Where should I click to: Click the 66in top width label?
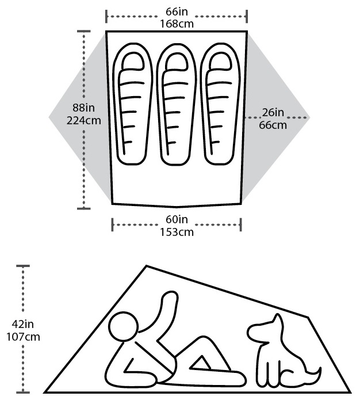[177, 12]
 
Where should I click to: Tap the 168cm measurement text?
[177, 24]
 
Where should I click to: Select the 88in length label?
[83, 108]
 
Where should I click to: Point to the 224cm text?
[84, 120]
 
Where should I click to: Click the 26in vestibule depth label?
[273, 113]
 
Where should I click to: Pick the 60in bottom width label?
[177, 219]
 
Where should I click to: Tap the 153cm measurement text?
[177, 232]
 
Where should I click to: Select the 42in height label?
[22, 324]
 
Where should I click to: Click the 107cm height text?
[23, 337]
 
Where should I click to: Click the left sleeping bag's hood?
[133, 61]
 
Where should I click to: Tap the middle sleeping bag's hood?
[177, 61]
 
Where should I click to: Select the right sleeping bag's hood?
[220, 61]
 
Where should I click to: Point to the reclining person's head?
[123, 327]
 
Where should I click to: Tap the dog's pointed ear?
[277, 319]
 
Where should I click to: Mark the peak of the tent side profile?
[146, 265]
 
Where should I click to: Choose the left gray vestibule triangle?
[80, 117]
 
